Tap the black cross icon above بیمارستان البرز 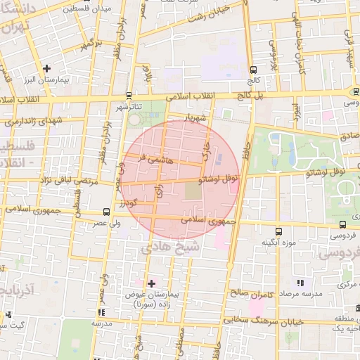pyautogui.click(x=46, y=68)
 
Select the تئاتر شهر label pyautogui.click(x=129, y=107)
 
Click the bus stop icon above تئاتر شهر pyautogui.click(x=129, y=95)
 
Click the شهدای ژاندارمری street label pyautogui.click(x=32, y=122)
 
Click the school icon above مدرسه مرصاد pyautogui.click(x=301, y=283)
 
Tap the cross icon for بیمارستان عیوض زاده pyautogui.click(x=150, y=283)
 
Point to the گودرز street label pyautogui.click(x=127, y=203)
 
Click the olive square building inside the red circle pyautogui.click(x=193, y=190)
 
